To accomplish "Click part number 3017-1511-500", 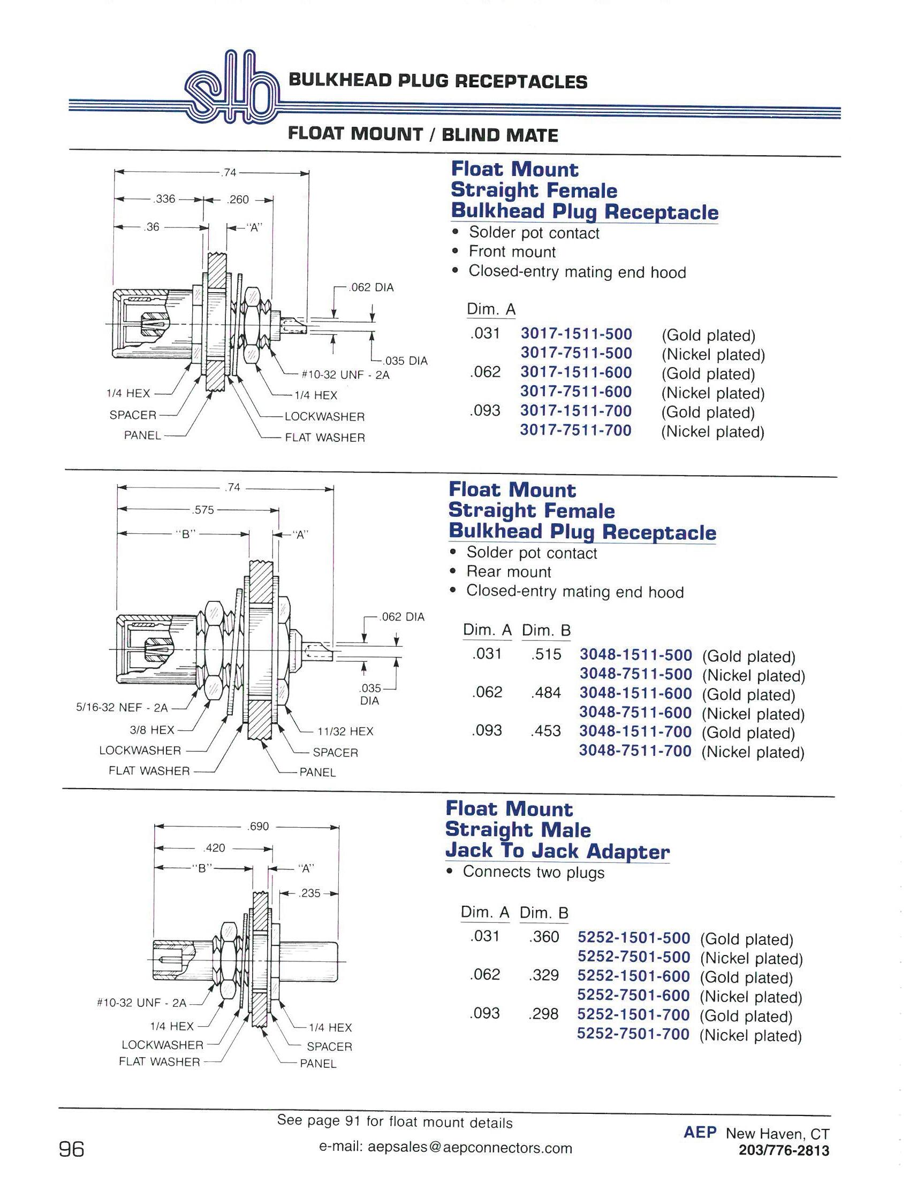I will [576, 334].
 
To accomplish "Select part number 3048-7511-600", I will [635, 713].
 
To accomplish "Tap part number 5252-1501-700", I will [633, 1015].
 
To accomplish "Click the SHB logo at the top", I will [231, 87].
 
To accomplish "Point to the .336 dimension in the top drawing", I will [164, 199].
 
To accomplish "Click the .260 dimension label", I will [237, 200].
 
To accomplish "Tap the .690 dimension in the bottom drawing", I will [258, 826].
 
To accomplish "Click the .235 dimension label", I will [309, 893].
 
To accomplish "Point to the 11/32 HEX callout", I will [345, 731].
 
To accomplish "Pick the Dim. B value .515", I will [546, 654].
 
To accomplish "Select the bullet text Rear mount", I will [509, 572].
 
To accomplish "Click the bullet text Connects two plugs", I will [533, 872].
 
